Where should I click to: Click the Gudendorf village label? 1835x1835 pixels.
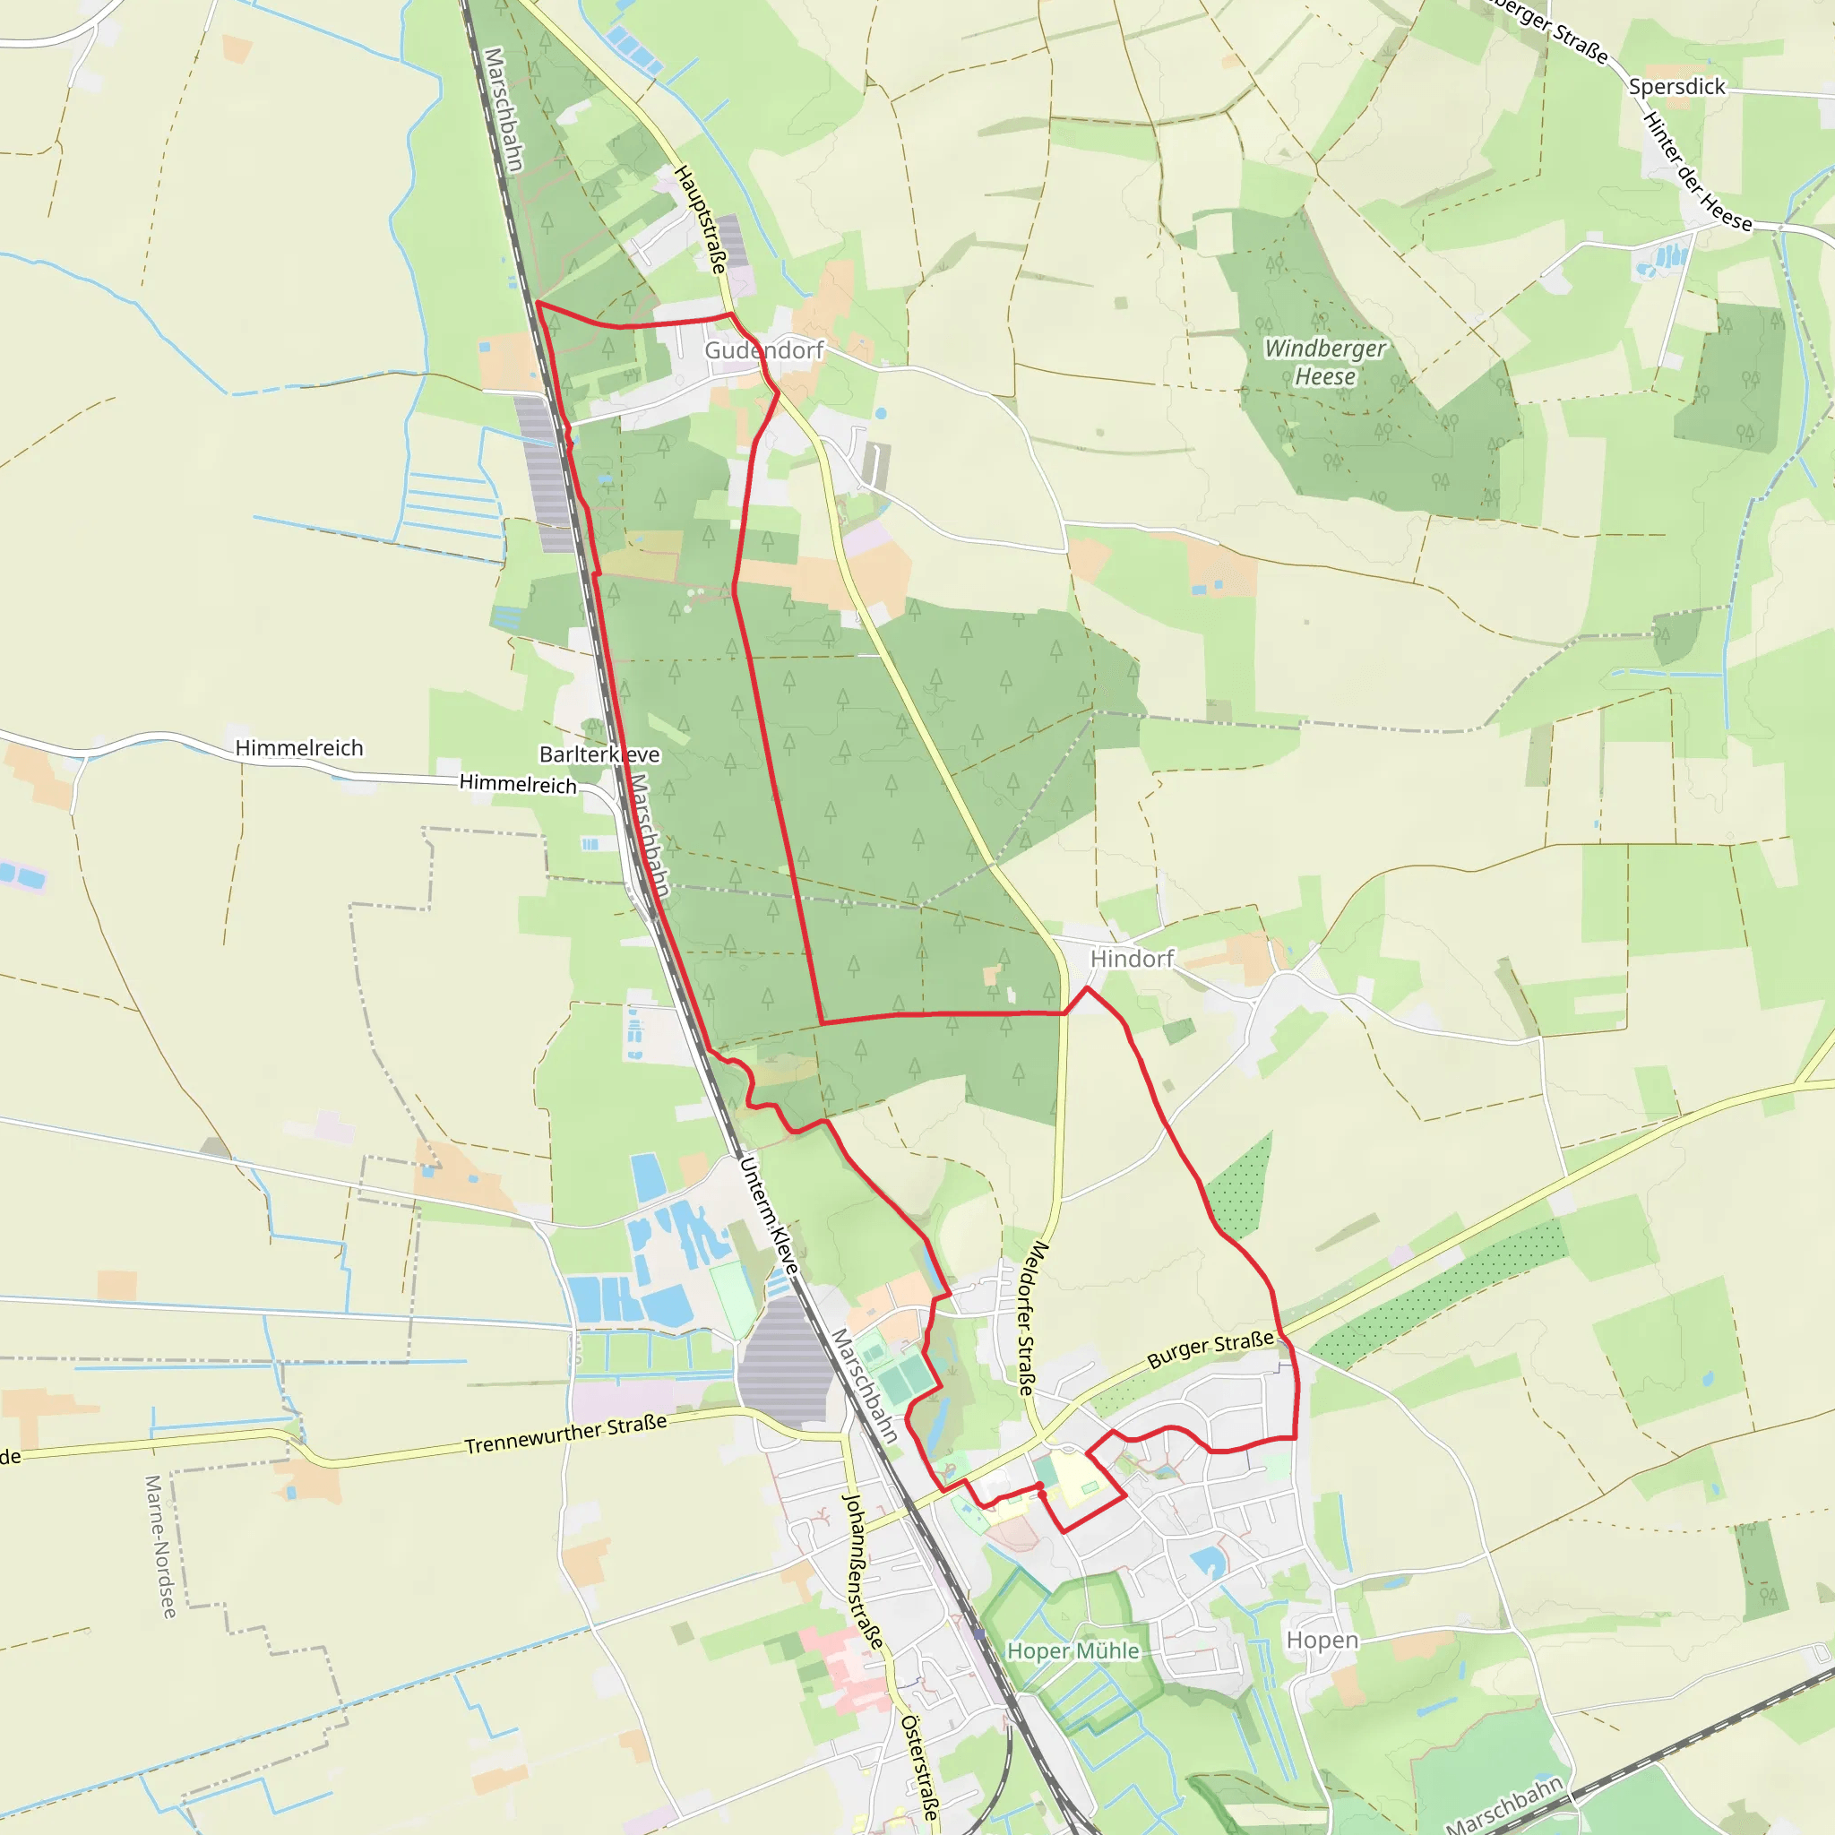pyautogui.click(x=763, y=350)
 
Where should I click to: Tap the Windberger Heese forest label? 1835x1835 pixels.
pyautogui.click(x=1325, y=362)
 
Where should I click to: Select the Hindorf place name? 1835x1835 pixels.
pyautogui.click(x=1132, y=959)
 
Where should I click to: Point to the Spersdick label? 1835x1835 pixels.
pyautogui.click(x=1676, y=86)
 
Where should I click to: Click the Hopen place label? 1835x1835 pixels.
pyautogui.click(x=1322, y=1641)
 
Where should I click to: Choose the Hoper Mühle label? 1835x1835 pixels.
pyautogui.click(x=1073, y=1650)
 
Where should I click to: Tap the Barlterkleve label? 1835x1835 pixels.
pyautogui.click(x=599, y=754)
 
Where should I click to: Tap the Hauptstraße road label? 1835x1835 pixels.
pyautogui.click(x=700, y=220)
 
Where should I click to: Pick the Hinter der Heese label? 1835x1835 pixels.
pyautogui.click(x=1697, y=171)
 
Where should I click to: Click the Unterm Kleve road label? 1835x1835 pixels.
pyautogui.click(x=770, y=1215)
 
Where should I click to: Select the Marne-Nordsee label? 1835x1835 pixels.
pyautogui.click(x=160, y=1546)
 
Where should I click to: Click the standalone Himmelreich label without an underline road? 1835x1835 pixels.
pyautogui.click(x=299, y=748)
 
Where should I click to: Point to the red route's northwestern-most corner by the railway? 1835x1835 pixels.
pyautogui.click(x=538, y=303)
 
